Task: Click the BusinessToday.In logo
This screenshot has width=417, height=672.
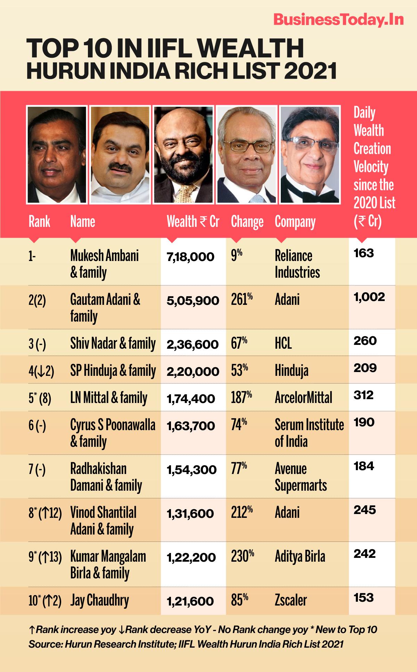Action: click(338, 20)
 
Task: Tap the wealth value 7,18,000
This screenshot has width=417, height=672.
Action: click(190, 258)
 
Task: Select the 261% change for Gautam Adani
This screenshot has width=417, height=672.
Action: click(242, 300)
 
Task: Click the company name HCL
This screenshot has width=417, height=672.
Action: click(283, 344)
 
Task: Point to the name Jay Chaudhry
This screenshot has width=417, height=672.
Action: click(99, 601)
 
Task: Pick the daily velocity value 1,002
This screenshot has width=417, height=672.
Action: click(369, 297)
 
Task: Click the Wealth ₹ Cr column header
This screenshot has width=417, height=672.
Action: click(193, 222)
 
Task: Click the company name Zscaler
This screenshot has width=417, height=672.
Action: click(291, 601)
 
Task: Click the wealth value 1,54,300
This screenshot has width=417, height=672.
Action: click(192, 470)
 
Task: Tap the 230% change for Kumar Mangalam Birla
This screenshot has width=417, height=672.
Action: click(242, 556)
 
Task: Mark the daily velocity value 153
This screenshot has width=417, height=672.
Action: click(363, 598)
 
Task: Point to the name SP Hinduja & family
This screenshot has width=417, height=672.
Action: click(113, 371)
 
